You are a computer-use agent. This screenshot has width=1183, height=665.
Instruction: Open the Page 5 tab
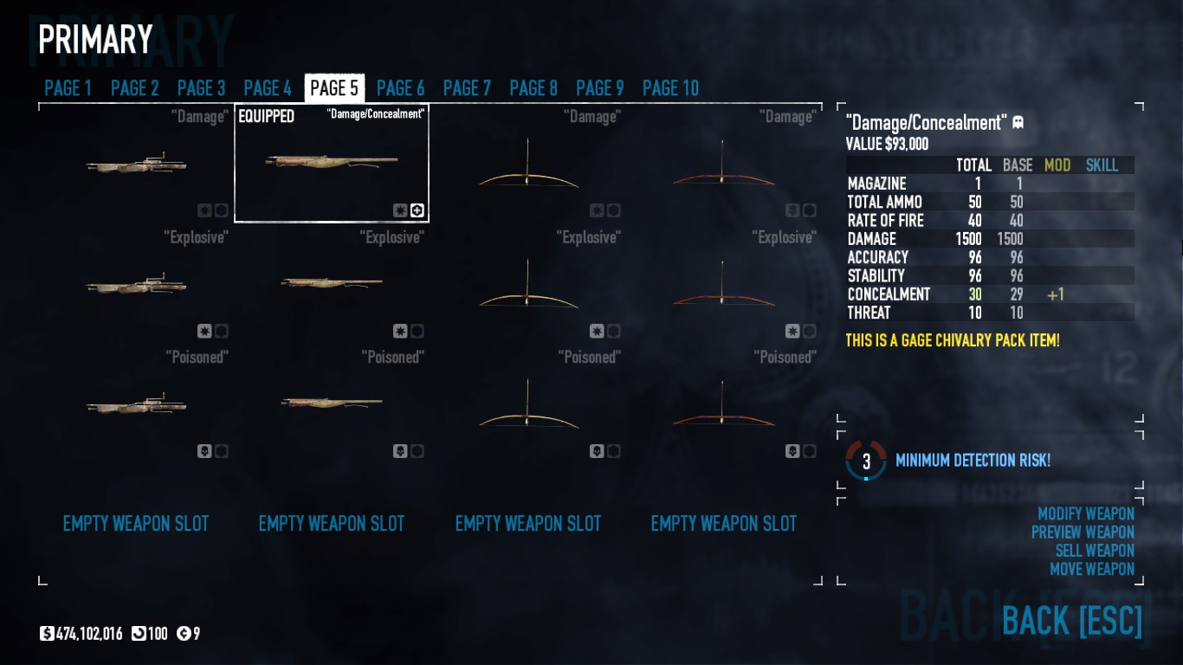coord(334,88)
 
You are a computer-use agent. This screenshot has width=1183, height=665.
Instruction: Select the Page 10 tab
coord(670,88)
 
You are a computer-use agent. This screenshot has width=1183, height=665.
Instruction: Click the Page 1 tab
coord(68,88)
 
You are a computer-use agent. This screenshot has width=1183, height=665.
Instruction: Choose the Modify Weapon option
coord(1086,513)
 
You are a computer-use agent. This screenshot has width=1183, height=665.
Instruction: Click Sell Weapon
coord(1095,551)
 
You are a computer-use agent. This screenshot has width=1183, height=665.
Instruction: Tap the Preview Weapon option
coord(1083,532)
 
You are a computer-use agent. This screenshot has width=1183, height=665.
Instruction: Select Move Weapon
coord(1092,569)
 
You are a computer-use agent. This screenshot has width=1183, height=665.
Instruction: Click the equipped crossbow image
coord(332,162)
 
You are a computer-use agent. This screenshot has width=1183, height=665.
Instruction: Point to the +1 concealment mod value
coord(1055,295)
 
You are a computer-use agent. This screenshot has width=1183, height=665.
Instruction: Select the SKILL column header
coord(1102,165)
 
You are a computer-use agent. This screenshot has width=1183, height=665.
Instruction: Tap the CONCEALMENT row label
coord(889,295)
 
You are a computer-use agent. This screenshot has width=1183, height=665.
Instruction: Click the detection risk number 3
coord(866,462)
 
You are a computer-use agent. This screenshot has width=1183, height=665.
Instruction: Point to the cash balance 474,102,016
coord(89,634)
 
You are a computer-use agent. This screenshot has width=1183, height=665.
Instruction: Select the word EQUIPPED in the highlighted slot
coord(267,116)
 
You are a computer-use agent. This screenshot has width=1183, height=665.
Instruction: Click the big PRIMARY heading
coord(95,39)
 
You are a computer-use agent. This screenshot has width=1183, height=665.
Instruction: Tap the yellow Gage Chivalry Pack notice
coord(953,340)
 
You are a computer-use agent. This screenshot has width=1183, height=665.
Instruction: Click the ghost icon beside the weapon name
coord(1018,123)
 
